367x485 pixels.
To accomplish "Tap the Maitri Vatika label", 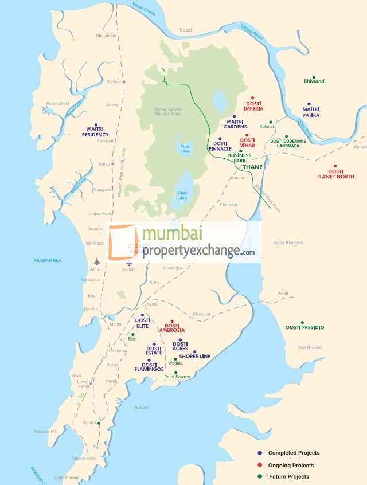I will (x=311, y=112).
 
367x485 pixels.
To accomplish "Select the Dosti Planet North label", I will (x=335, y=174).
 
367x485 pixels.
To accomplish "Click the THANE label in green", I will (x=253, y=167).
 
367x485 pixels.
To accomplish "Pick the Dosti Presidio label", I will (x=305, y=327).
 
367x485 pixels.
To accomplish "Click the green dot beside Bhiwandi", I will (x=313, y=77).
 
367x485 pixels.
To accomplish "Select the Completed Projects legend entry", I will (x=292, y=453).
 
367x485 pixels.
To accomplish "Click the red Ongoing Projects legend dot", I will (x=259, y=465).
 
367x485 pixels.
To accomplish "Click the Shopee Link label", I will (x=195, y=356).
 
